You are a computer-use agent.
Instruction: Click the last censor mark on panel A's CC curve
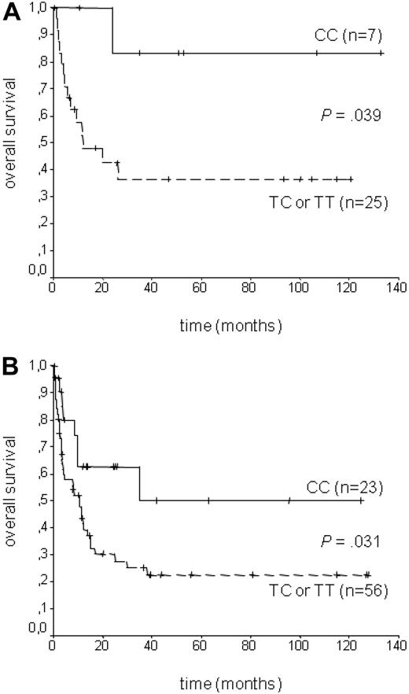click(x=381, y=53)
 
